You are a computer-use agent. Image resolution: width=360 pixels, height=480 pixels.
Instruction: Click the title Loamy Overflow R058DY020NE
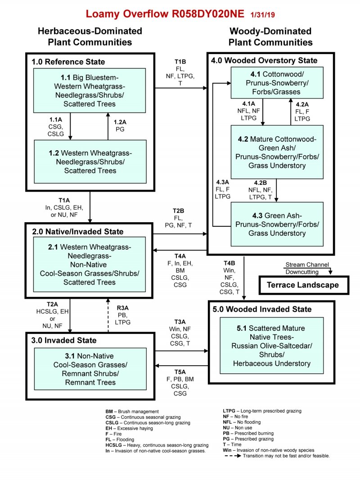pyautogui.click(x=166, y=14)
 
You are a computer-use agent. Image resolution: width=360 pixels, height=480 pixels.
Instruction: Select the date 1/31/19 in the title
pyautogui.click(x=263, y=15)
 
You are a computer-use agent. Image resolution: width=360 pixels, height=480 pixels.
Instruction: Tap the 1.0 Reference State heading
pyautogui.click(x=68, y=62)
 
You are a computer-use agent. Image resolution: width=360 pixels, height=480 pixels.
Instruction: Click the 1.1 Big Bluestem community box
pyautogui.click(x=90, y=90)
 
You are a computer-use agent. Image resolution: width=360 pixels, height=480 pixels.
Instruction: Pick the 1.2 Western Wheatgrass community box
pyautogui.click(x=90, y=161)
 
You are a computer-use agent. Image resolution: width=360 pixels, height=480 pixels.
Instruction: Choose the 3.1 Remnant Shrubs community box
pyautogui.click(x=90, y=368)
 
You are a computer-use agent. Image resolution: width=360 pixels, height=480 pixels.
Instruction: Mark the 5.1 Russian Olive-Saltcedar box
pyautogui.click(x=271, y=345)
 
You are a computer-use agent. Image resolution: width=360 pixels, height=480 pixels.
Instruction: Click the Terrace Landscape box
pyautogui.click(x=302, y=285)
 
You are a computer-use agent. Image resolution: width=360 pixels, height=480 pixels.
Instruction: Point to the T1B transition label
pyautogui.click(x=180, y=61)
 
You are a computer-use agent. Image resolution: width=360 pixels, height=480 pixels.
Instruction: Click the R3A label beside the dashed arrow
pyautogui.click(x=123, y=309)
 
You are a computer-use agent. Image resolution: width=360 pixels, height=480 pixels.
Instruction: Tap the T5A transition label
pyautogui.click(x=180, y=372)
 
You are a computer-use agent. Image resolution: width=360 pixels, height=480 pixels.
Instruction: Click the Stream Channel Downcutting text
pyautogui.click(x=307, y=268)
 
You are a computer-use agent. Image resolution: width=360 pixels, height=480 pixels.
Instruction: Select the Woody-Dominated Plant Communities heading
pyautogui.click(x=270, y=37)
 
